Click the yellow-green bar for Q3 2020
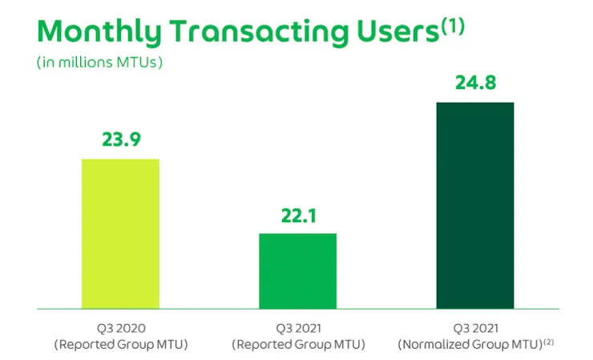coord(120,233)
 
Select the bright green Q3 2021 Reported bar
coord(298,270)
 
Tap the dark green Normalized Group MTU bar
coord(475,205)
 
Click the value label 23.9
coord(121,140)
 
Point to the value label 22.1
coord(298,214)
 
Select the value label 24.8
coord(475,83)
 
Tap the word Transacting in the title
coord(259,32)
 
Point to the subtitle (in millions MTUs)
coord(100,63)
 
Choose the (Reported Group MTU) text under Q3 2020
coord(120,344)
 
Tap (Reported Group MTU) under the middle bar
coord(298,344)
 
